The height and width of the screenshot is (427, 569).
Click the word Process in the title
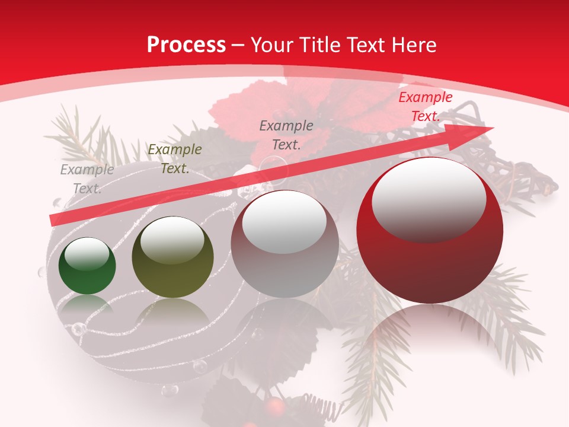pos(186,45)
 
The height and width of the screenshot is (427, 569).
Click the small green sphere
pos(87,266)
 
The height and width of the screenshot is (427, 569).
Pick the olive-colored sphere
pos(172,257)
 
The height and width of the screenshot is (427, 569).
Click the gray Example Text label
pos(87,179)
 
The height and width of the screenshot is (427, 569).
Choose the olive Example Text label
pos(175,159)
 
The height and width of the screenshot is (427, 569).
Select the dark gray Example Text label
pos(286,135)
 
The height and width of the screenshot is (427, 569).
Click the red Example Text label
pos(425,107)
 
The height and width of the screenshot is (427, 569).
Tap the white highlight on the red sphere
pos(429,197)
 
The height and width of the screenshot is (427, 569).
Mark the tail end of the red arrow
pos(53,221)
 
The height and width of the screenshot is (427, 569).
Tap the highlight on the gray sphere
pos(284,219)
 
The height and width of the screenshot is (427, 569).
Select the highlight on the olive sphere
pos(172,238)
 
